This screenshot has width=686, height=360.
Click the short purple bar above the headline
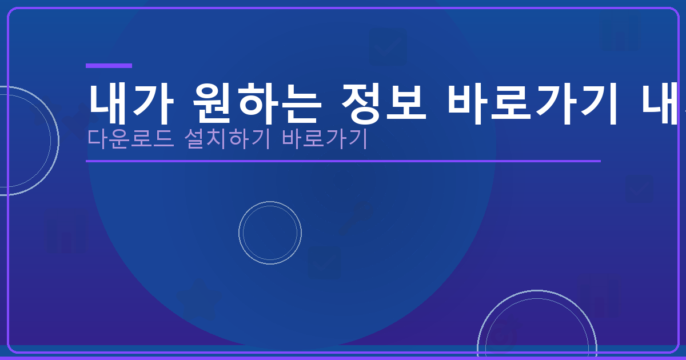pos(109,66)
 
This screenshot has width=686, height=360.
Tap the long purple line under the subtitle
pos(343,161)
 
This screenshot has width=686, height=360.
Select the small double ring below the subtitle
pos(270,233)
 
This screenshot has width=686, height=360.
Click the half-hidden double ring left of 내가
pos(23,141)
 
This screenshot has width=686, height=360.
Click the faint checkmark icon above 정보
pos(388,47)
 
